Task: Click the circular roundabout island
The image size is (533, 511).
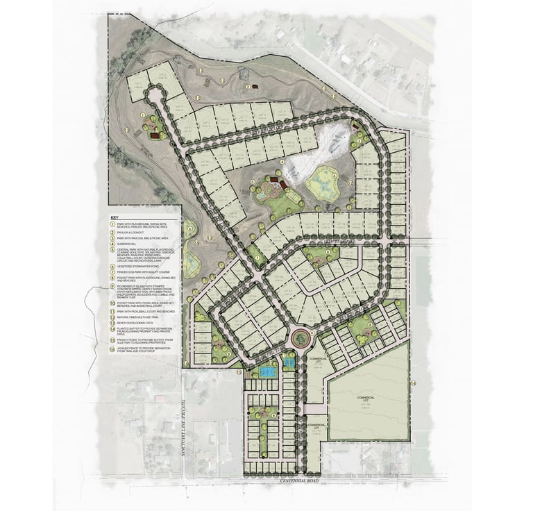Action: pyautogui.click(x=300, y=339)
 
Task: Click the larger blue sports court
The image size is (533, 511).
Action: pyautogui.click(x=266, y=372)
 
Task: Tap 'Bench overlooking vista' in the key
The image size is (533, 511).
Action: pyautogui.click(x=136, y=322)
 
